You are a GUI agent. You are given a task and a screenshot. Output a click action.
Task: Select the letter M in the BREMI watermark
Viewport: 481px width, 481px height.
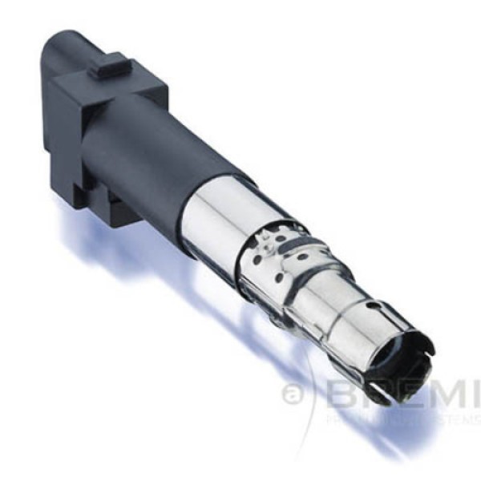[x=437, y=394]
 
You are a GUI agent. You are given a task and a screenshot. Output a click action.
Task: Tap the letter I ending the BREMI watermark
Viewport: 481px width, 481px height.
[x=471, y=394]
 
